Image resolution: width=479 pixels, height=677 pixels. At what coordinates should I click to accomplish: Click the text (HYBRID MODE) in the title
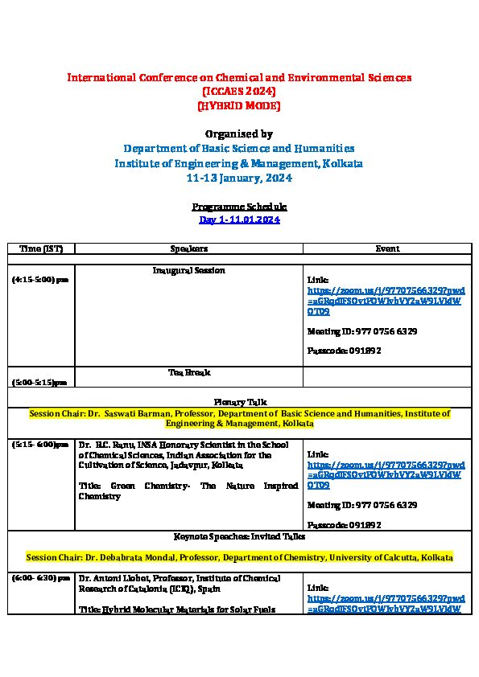[x=239, y=105]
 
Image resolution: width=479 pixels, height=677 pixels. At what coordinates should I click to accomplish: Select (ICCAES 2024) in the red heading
[x=239, y=92]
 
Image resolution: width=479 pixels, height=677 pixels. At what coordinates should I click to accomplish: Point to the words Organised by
[x=239, y=133]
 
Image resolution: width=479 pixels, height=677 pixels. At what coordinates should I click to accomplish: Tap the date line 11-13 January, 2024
[x=239, y=178]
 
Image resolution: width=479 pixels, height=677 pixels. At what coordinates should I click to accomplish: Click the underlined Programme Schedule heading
[x=239, y=207]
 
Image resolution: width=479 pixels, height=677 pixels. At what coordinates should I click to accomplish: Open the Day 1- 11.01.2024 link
[x=239, y=220]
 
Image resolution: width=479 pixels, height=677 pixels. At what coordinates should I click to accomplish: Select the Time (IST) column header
[x=41, y=249]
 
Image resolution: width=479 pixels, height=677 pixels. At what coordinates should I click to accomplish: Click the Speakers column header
[x=189, y=249]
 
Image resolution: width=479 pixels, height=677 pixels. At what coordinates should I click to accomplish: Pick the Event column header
[x=387, y=249]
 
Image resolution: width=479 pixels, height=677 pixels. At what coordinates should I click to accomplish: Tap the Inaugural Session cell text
[x=189, y=271]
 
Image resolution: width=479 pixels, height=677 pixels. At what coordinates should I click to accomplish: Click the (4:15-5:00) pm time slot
[x=39, y=280]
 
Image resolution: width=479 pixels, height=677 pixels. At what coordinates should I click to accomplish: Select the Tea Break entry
[x=189, y=373]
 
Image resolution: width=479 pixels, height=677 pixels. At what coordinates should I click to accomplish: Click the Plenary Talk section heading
[x=240, y=401]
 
